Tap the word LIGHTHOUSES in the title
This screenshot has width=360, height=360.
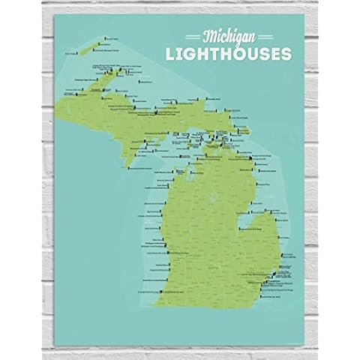(x=232, y=55)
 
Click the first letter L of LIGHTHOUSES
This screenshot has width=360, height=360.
(x=189, y=55)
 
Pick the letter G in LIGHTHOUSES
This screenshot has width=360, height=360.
(x=205, y=55)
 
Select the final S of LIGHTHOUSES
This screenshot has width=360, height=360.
(x=271, y=55)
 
